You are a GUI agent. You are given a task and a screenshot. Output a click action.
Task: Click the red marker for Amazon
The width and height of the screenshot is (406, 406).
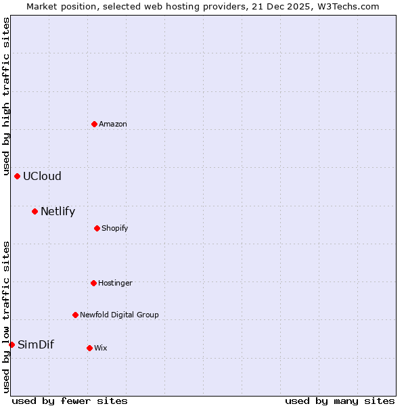click(x=94, y=124)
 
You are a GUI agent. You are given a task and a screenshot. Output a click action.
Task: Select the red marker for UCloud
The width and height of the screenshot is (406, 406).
click(x=17, y=176)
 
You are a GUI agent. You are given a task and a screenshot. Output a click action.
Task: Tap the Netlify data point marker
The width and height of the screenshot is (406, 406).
click(x=35, y=211)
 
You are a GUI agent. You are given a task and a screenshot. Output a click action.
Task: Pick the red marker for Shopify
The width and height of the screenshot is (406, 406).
click(x=97, y=228)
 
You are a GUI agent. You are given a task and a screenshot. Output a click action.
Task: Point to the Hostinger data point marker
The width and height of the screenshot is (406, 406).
click(x=93, y=283)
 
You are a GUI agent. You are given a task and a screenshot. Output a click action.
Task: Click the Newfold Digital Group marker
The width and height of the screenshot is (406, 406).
click(x=75, y=315)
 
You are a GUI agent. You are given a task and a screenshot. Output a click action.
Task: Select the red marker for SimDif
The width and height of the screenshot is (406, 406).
click(x=12, y=344)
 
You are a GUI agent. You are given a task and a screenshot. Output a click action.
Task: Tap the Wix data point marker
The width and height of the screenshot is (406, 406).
click(x=89, y=348)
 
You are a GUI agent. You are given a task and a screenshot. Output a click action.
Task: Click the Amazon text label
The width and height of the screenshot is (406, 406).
click(x=113, y=124)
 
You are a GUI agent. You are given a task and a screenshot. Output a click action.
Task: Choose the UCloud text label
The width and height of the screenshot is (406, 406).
click(x=42, y=176)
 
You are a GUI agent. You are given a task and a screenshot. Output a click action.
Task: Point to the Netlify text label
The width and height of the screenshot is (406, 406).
click(x=58, y=211)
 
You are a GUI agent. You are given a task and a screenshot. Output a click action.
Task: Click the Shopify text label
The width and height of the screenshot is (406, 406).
click(x=115, y=228)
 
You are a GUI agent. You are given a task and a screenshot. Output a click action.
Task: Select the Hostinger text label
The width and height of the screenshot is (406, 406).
click(x=115, y=283)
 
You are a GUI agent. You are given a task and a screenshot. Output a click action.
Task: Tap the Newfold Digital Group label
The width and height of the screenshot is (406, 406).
click(x=119, y=315)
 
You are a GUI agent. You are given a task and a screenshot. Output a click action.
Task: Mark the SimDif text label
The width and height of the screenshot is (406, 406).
click(x=35, y=344)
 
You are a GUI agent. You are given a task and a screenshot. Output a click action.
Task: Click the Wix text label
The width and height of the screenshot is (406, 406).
click(x=101, y=348)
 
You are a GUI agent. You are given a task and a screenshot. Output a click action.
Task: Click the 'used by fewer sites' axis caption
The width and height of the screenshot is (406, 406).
click(x=70, y=401)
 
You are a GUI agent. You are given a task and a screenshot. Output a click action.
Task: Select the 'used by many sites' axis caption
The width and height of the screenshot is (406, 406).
click(x=340, y=401)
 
